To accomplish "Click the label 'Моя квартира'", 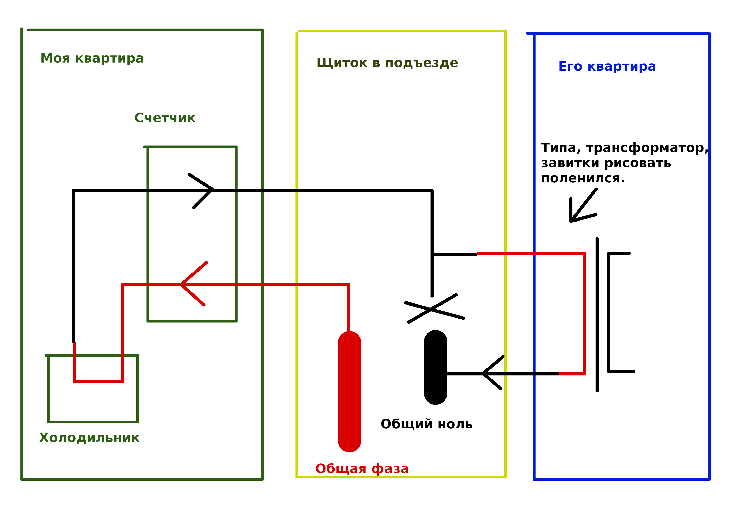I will (92, 58).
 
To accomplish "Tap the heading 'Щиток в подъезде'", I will (387, 63).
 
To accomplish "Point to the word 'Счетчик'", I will (165, 118).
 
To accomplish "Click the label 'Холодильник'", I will (89, 438).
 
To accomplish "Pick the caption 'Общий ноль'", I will (426, 424).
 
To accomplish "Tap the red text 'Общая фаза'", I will (362, 469).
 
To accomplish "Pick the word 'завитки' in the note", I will (570, 163).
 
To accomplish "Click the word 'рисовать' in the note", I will (638, 163).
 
